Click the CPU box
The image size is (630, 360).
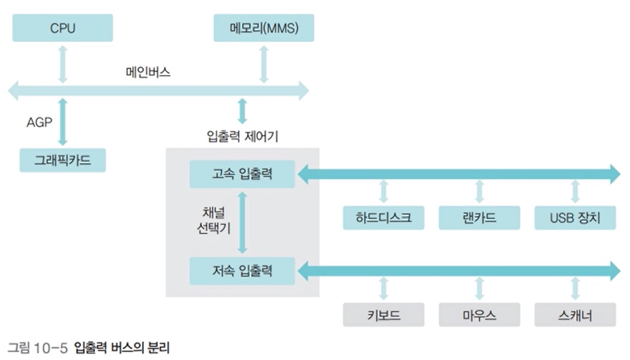tap(62, 28)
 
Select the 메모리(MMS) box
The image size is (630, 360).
tap(263, 28)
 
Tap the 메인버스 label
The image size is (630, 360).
tap(148, 72)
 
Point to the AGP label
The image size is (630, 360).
tap(39, 122)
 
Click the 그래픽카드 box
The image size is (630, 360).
tap(62, 160)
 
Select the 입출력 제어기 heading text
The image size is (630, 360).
tap(242, 136)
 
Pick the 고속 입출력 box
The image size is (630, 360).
tap(242, 174)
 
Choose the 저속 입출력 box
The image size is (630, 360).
tap(242, 271)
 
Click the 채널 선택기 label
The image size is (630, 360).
tap(213, 220)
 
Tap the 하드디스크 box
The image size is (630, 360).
tap(383, 218)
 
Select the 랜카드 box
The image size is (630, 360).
tap(479, 218)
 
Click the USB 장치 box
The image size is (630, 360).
tap(575, 218)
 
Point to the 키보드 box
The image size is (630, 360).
tap(383, 315)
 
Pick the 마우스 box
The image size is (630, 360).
tap(479, 315)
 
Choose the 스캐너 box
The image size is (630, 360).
tap(575, 315)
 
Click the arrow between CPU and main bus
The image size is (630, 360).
tap(62, 64)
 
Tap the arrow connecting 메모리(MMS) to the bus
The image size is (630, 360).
tap(263, 64)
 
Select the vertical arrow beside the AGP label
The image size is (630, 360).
tap(63, 122)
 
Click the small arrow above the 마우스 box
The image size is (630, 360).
tap(479, 289)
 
